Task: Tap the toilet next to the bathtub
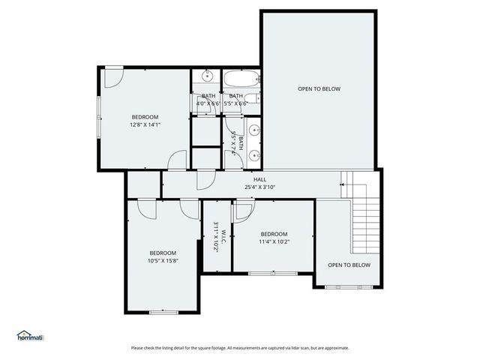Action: tap(255, 98)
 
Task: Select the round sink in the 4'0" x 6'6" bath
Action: tap(206, 76)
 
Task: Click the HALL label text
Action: tap(259, 179)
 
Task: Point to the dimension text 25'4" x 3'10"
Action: tap(259, 187)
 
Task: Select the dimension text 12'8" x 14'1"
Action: tap(145, 124)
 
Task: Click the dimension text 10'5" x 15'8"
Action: tap(163, 261)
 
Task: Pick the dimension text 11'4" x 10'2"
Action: tap(274, 241)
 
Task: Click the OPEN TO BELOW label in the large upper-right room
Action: tap(319, 89)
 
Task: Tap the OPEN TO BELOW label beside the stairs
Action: tap(349, 265)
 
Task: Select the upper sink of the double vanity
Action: tap(254, 130)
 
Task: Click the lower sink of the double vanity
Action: tap(254, 155)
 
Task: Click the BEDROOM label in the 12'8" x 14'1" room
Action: tap(145, 116)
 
